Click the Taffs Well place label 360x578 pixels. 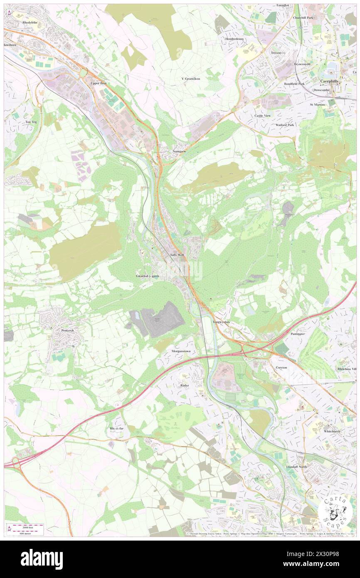(177, 254)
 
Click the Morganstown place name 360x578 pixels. (181, 351)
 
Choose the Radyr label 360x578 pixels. (185, 385)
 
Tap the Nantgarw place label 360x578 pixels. (179, 151)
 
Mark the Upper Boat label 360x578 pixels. (99, 83)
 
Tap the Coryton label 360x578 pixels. (281, 368)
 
